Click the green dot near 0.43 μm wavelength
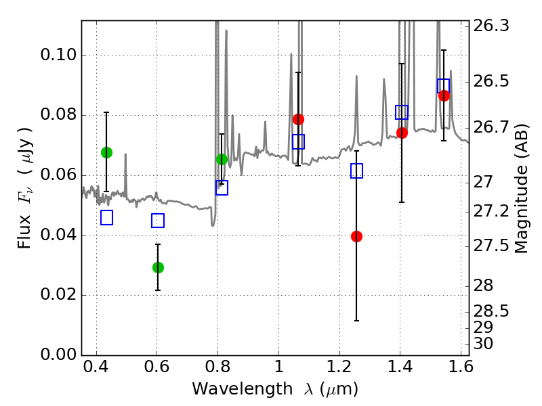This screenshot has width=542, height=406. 106,152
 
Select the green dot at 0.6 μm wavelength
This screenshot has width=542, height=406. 158,267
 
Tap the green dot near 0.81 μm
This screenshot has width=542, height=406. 222,159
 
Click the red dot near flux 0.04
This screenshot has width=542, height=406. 356,236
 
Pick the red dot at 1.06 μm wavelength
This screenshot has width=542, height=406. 298,120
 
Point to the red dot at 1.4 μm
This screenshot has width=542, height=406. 402,133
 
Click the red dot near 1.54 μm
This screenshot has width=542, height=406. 444,95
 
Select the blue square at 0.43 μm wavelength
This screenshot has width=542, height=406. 106,217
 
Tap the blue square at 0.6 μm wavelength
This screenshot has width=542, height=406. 158,221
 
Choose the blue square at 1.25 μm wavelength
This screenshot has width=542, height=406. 356,171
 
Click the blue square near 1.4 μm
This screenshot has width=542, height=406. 402,112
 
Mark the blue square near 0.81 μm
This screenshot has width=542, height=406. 222,188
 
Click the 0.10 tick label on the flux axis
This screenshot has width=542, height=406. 58,55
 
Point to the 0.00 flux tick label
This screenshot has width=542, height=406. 58,354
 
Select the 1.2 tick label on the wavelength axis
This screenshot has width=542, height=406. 339,367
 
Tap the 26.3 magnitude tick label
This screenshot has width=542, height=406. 491,26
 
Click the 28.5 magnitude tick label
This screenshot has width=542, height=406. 491,311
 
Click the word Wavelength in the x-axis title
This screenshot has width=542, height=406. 242,389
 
